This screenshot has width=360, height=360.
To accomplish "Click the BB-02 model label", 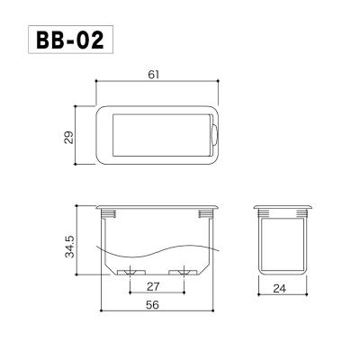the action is click(x=70, y=40).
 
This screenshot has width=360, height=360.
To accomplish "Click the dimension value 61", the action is click(x=153, y=75).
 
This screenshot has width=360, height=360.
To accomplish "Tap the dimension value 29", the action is click(x=68, y=137).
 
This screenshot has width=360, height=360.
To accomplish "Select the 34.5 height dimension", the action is click(x=69, y=247).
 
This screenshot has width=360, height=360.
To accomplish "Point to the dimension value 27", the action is click(x=153, y=287).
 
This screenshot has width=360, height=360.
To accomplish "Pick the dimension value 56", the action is click(x=152, y=305).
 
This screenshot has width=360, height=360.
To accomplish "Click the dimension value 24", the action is click(x=280, y=289).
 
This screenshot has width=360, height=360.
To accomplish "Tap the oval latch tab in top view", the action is click(x=214, y=135).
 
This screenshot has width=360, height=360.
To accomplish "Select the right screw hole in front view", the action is click(x=183, y=273).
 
